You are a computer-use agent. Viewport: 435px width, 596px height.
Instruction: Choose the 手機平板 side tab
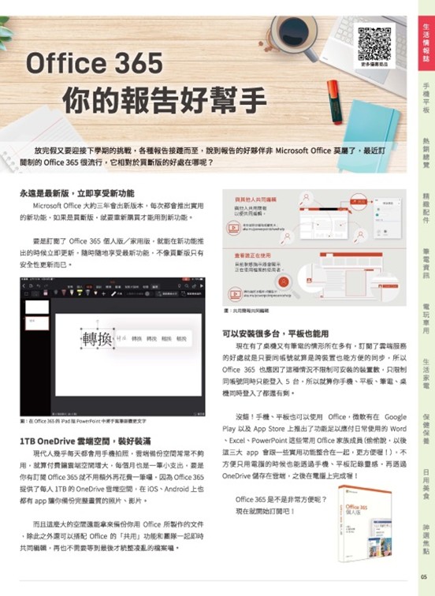(x=426, y=98)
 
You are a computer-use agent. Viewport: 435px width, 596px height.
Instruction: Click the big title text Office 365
(x=95, y=63)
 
